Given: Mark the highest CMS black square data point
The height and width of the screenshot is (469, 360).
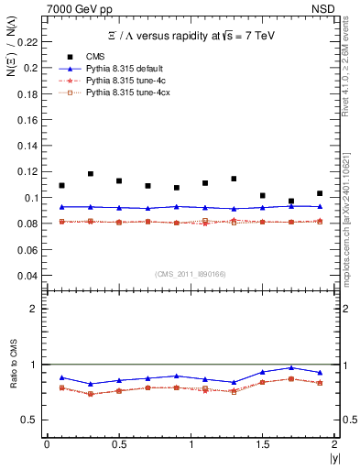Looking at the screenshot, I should (91, 173).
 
